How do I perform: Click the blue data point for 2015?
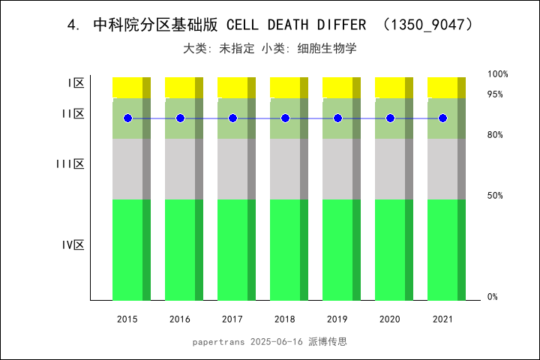127,118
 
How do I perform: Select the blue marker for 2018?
285,118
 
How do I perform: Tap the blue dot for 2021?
442,118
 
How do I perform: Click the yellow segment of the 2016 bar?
180,87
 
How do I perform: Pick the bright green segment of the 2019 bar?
337,249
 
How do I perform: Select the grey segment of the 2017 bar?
232,169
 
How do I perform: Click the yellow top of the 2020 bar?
390,87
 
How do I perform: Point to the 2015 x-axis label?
127,319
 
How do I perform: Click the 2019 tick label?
337,319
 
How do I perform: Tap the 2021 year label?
442,319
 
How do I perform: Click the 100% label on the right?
497,74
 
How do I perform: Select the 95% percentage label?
495,94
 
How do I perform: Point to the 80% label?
495,135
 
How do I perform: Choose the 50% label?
495,196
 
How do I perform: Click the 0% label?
493,297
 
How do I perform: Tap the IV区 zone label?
73,244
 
